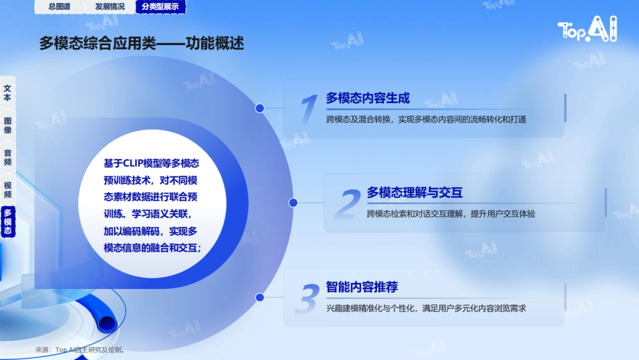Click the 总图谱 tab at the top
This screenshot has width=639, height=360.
[x=60, y=7]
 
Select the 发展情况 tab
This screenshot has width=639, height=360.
[x=110, y=7]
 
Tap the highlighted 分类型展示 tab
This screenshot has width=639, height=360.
[x=160, y=7]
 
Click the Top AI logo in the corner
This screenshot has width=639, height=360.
[x=588, y=29]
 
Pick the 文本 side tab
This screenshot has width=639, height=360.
[x=8, y=93]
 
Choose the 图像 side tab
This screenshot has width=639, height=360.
[x=8, y=125]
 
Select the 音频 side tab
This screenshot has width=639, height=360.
[x=8, y=157]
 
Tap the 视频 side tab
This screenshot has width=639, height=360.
[x=8, y=189]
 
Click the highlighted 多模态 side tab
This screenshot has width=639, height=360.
[x=8, y=222]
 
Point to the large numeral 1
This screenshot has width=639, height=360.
[x=308, y=109]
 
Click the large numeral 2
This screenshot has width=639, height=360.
[x=348, y=204]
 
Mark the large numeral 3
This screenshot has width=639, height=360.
[x=308, y=298]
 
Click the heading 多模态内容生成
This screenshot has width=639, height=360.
[x=367, y=98]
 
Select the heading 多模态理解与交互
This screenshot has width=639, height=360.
[x=414, y=192]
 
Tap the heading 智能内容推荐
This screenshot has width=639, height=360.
[x=362, y=287]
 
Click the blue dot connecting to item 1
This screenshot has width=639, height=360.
[x=260, y=108]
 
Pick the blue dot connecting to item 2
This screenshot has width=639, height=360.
[x=293, y=202]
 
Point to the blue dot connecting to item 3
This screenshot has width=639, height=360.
[x=260, y=298]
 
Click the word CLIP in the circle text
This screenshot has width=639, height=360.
[x=132, y=163]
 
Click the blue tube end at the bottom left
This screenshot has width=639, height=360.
[x=106, y=322]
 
